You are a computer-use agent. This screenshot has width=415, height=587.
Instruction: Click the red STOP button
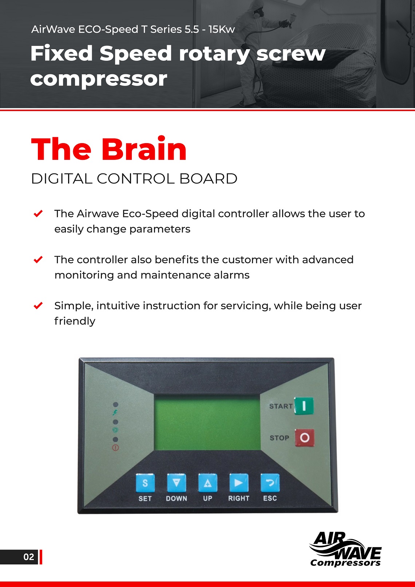coord(304,437)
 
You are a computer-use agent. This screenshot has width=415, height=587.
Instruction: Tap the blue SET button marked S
coord(145,483)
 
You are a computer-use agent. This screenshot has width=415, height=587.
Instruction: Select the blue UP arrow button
coord(207,483)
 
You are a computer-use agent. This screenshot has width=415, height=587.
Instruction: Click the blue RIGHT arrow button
coord(239,483)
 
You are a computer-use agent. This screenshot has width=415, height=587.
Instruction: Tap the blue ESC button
coord(270,483)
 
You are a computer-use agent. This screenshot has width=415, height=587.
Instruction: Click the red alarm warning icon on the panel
coord(115,448)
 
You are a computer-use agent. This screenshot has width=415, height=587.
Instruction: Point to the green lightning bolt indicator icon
coord(115,413)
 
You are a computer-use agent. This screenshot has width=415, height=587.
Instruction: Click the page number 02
coord(28,557)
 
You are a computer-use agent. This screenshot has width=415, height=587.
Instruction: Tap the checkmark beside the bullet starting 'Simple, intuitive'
coord(38,306)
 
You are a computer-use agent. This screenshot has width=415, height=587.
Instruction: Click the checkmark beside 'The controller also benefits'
coord(38,259)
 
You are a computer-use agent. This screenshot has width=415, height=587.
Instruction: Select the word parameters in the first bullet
coord(160,229)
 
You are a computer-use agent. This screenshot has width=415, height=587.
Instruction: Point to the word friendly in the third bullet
coord(75,321)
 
